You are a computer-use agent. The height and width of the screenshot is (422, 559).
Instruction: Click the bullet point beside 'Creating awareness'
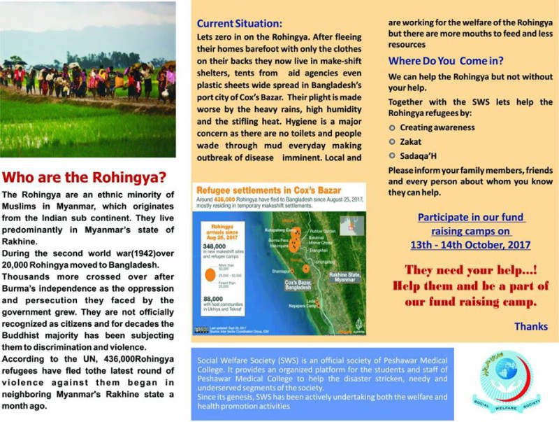tap(393, 127)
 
